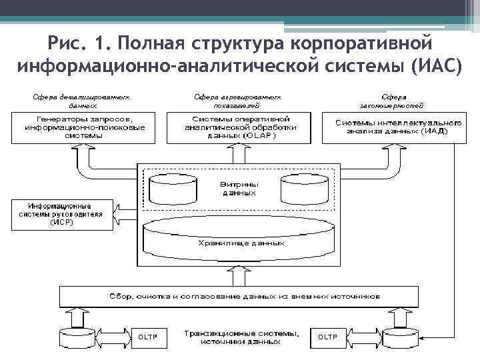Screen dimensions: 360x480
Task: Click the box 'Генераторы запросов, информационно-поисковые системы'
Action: pyautogui.click(x=84, y=127)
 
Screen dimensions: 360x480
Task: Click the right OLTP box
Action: pyautogui.click(x=327, y=337)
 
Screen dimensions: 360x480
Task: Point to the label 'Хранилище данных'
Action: pyautogui.click(x=241, y=245)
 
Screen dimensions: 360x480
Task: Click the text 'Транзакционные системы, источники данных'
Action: pyautogui.click(x=241, y=337)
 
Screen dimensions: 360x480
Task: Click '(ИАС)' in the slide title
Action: pyautogui.click(x=437, y=67)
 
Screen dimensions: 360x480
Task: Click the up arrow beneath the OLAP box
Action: pyautogui.click(x=239, y=154)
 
